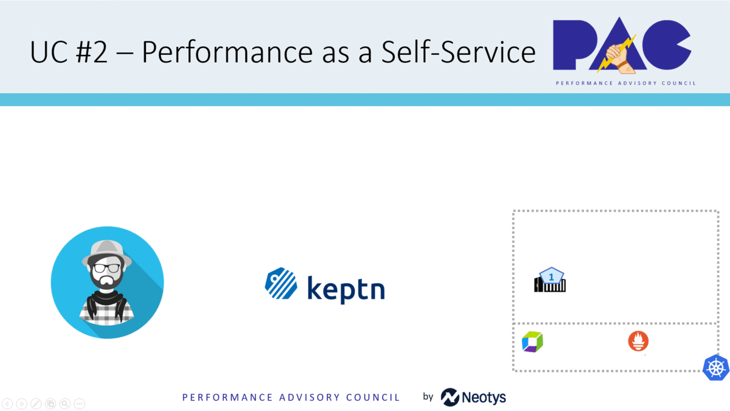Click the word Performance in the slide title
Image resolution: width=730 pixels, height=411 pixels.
pyautogui.click(x=227, y=52)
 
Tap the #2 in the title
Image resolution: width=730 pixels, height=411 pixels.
pyautogui.click(x=92, y=52)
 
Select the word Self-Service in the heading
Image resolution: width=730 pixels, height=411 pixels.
pyautogui.click(x=458, y=52)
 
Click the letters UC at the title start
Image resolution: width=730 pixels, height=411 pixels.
pyautogui.click(x=48, y=52)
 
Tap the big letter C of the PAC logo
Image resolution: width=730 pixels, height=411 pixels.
pyautogui.click(x=666, y=45)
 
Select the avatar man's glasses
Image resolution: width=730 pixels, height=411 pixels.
pyautogui.click(x=106, y=268)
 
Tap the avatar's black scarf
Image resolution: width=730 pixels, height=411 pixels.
pyautogui.click(x=106, y=302)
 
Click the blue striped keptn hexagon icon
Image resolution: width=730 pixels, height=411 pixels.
pyautogui.click(x=281, y=283)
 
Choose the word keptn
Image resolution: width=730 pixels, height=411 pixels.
pyautogui.click(x=346, y=289)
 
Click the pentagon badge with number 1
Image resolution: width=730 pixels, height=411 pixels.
pyautogui.click(x=551, y=276)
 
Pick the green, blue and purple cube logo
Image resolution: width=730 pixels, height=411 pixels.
pyautogui.click(x=532, y=342)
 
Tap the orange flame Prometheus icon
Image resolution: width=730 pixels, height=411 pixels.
pyautogui.click(x=638, y=341)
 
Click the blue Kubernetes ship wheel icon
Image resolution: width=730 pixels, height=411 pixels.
pyautogui.click(x=716, y=368)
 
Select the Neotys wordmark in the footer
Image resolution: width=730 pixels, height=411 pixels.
pyautogui.click(x=484, y=397)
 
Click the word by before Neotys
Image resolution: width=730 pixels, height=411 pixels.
pyautogui.click(x=428, y=396)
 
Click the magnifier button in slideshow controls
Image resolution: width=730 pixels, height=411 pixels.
pyautogui.click(x=65, y=404)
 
